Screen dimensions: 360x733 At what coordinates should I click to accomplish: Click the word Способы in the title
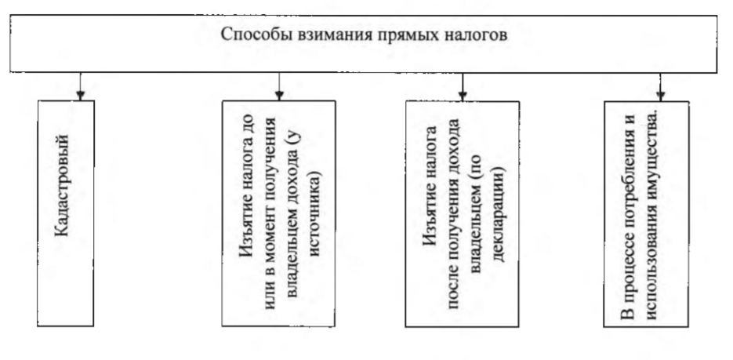click(249, 36)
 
